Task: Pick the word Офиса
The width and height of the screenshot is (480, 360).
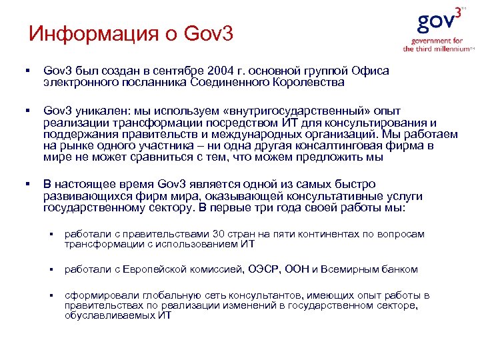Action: pyautogui.click(x=371, y=71)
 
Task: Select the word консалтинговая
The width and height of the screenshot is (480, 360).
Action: pyautogui.click(x=347, y=146)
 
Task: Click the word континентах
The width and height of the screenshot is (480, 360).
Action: pyautogui.click(x=345, y=234)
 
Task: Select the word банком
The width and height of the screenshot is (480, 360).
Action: pyautogui.click(x=399, y=269)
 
